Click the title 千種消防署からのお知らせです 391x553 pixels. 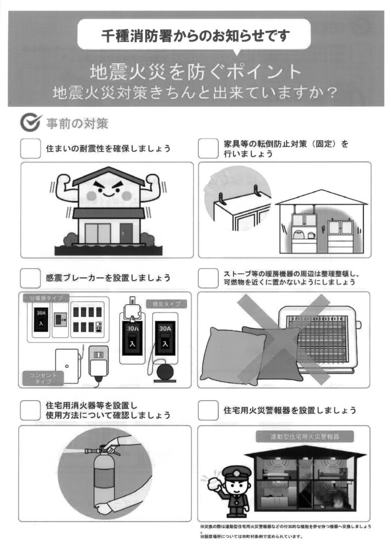[x=195, y=36]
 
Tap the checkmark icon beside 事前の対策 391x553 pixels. [x=31, y=122]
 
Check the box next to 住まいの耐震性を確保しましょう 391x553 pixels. [x=30, y=148]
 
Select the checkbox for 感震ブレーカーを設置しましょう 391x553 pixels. [x=30, y=278]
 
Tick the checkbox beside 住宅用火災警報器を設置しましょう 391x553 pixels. [x=208, y=410]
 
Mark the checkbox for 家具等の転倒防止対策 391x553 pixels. [x=208, y=148]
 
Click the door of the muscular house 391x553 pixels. [x=126, y=233]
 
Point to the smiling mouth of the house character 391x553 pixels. [x=109, y=194]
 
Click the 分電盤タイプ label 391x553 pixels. [x=46, y=298]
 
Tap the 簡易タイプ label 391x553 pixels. [x=166, y=304]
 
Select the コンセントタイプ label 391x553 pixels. [x=43, y=379]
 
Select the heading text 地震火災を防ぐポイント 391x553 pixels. [x=195, y=72]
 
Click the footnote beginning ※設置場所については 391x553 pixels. [x=251, y=537]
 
